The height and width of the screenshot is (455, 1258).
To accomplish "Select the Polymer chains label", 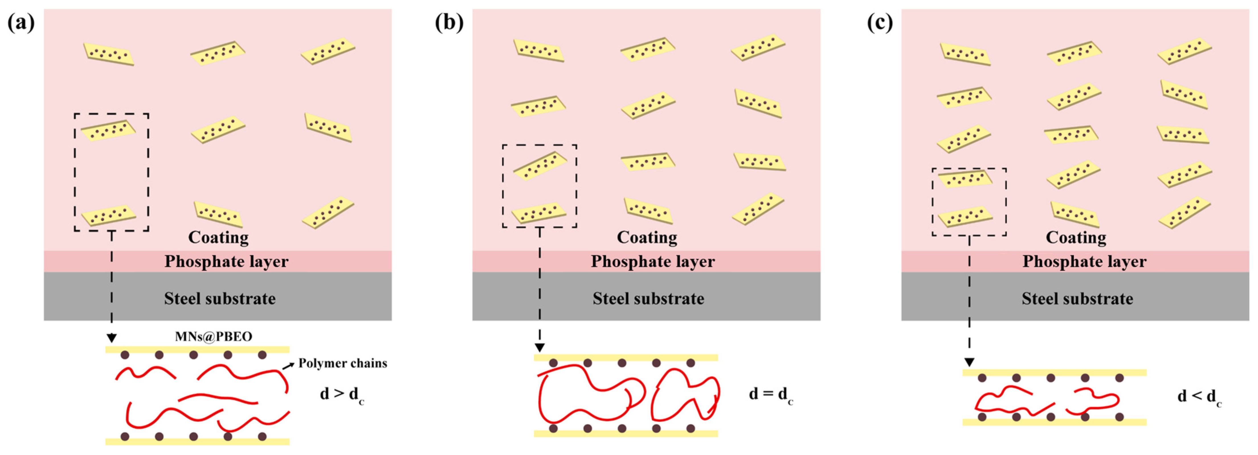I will pyautogui.click(x=343, y=363).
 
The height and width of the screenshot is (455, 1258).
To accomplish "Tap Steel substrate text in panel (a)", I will pyautogui.click(x=220, y=298).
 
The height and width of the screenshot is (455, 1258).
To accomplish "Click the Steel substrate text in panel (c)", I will pyautogui.click(x=1077, y=298).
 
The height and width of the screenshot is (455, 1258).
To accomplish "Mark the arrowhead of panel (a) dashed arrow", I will pyautogui.click(x=112, y=338).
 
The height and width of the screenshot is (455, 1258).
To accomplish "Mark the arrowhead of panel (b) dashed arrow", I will pyautogui.click(x=540, y=348).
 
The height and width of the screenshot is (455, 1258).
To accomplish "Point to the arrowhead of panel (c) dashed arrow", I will pyautogui.click(x=969, y=362).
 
